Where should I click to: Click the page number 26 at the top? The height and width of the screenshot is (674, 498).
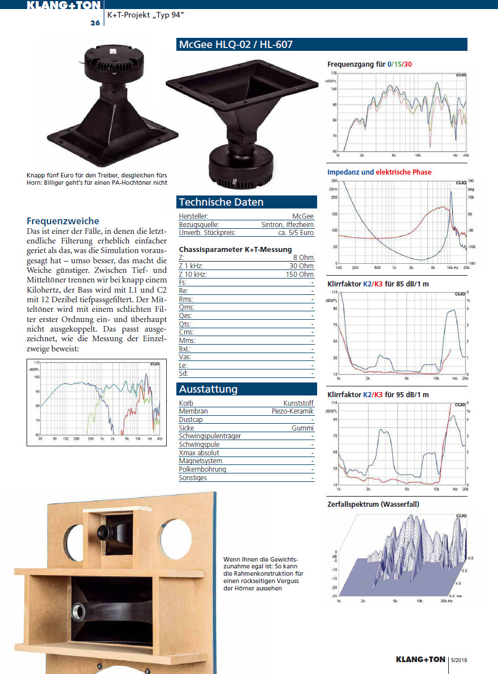coord(94,23)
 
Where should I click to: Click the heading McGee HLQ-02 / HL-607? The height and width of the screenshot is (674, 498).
coord(236,45)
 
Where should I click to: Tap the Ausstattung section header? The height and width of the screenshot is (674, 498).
coord(209,389)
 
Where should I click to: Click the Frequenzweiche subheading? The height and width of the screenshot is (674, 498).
coord(63,221)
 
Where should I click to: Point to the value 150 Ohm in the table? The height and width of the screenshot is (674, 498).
coord(300,274)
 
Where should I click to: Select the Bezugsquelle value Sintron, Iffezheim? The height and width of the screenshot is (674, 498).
coord(287,224)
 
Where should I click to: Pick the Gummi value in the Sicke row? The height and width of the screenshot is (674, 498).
coord(303,428)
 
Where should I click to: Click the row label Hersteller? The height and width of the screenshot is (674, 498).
coord(194,216)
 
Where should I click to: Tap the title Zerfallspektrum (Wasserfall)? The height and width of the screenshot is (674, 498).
coord(373,504)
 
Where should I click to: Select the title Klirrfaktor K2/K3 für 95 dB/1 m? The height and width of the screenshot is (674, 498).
coord(378,394)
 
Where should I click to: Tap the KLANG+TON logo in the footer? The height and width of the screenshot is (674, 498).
coord(420,660)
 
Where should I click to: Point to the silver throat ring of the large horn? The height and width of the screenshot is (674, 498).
coord(76,613)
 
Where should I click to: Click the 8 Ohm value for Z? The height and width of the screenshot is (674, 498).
coord(304,258)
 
